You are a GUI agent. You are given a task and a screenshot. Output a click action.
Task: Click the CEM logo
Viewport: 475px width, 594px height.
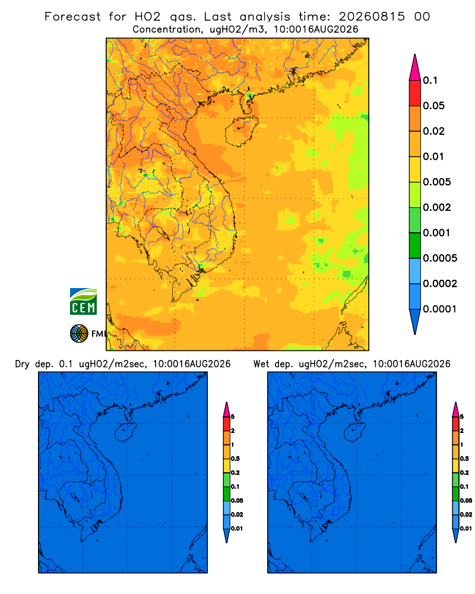tap(83, 301)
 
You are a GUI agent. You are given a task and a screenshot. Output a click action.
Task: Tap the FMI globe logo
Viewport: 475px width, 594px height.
tap(79, 333)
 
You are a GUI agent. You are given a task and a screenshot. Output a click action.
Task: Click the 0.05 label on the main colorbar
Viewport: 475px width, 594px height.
tap(433, 106)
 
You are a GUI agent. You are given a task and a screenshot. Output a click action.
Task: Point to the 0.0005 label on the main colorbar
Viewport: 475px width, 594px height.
tap(440, 258)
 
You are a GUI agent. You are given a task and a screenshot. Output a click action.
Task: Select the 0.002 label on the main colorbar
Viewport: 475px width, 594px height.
tap(437, 207)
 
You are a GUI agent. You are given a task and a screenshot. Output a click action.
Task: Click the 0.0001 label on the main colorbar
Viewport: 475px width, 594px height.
tap(440, 309)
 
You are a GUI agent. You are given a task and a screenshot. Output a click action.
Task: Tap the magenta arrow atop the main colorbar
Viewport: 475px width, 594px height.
tap(415, 68)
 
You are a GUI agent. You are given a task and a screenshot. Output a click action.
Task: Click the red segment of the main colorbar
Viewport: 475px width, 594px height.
tap(415, 93)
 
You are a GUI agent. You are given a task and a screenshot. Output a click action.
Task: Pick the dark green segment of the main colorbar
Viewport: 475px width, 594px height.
tap(415, 245)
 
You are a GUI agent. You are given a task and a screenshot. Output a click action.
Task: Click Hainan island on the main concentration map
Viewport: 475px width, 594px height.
tap(242, 131)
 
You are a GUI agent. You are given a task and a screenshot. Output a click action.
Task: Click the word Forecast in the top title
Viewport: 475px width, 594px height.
tap(72, 17)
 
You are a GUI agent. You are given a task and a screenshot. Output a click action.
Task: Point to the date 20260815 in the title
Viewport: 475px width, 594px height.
tap(372, 17)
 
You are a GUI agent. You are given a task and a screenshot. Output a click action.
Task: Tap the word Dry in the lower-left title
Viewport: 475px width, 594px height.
tap(22, 364)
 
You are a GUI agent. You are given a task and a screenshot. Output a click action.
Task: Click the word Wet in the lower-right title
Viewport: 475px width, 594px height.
tap(261, 364)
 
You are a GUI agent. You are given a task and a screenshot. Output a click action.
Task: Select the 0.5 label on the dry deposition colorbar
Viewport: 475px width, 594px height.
tap(235, 459)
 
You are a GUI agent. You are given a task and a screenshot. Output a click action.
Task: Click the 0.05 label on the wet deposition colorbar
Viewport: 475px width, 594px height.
tap(466, 501)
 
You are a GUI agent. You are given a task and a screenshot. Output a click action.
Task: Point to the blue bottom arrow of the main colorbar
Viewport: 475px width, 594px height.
tap(415, 322)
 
